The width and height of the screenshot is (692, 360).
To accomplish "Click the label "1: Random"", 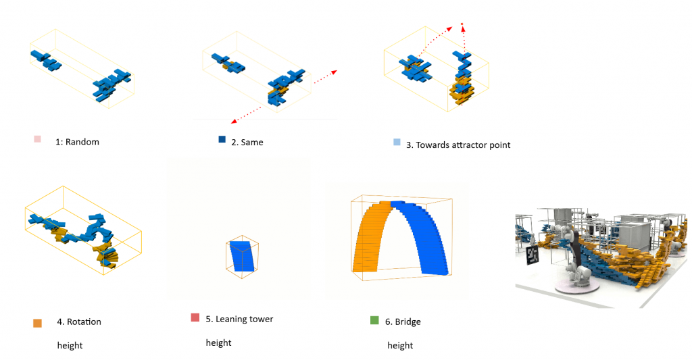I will [77, 142].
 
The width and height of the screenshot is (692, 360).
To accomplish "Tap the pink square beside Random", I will [37, 139].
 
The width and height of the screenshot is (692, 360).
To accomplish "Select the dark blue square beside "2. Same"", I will [221, 140].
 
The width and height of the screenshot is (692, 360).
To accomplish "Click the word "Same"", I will [252, 143].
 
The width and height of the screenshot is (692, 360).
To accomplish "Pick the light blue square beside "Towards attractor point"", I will [397, 143].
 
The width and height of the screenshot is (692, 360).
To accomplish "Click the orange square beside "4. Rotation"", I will [37, 323].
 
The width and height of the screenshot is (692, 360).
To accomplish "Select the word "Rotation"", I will [84, 322].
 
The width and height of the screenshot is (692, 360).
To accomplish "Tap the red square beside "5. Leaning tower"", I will [195, 317].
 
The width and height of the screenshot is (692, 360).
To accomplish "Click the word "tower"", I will [261, 319].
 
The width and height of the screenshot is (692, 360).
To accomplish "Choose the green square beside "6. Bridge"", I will [374, 319].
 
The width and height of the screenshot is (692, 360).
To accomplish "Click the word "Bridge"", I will [407, 322].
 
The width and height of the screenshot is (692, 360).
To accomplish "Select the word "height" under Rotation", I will [70, 345].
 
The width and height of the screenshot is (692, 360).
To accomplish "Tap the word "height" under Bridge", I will [400, 345].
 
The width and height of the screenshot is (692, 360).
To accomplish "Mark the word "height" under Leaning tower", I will [218, 342].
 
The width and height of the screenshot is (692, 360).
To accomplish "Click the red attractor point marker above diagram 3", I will [462, 25].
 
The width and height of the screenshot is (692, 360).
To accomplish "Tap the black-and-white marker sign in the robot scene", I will [532, 255].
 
